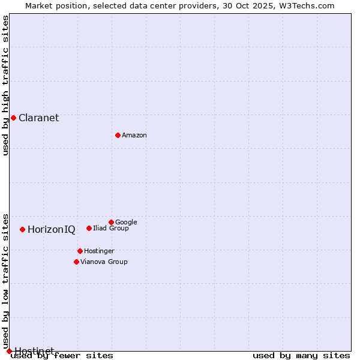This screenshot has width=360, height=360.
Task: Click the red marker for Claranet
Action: pyautogui.click(x=13, y=118)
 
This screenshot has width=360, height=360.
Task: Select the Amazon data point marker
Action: pyautogui.click(x=118, y=135)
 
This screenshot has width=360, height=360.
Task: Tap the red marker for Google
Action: pyautogui.click(x=111, y=222)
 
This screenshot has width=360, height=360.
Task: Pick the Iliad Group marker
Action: pyautogui.click(x=89, y=228)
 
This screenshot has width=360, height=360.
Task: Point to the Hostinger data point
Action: pyautogui.click(x=80, y=251)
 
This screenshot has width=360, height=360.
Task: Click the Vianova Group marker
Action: pyautogui.click(x=76, y=262)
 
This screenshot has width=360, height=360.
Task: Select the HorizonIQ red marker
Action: pyautogui.click(x=22, y=229)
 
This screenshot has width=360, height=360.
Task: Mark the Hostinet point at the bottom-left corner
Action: pyautogui.click(x=9, y=351)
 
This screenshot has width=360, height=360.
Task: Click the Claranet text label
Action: pyautogui.click(x=38, y=118)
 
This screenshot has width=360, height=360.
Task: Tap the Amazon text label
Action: pyautogui.click(x=134, y=136)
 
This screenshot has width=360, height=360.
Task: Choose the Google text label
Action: pyautogui.click(x=126, y=223)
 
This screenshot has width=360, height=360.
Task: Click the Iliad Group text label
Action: pyautogui.click(x=110, y=229)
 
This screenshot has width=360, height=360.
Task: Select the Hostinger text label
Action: pyautogui.click(x=99, y=251)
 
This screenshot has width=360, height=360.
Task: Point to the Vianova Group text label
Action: pyautogui.click(x=104, y=262)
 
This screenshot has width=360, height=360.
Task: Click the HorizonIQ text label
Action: pyautogui.click(x=51, y=230)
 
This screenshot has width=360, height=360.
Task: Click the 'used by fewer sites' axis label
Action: pyautogui.click(x=62, y=356)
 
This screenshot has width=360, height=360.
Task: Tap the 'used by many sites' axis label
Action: pyautogui.click(x=301, y=356)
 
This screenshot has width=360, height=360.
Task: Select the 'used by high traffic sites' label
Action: pyautogui.click(x=5, y=85)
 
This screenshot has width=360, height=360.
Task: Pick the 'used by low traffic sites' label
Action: pyautogui.click(x=5, y=281)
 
